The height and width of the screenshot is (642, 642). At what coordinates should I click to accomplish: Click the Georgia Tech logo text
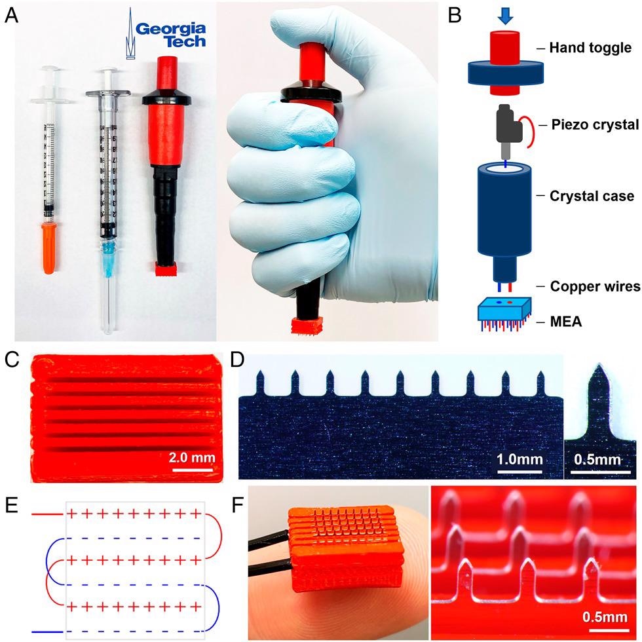[x=170, y=35]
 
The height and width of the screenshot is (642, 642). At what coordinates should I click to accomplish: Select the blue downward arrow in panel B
[x=505, y=16]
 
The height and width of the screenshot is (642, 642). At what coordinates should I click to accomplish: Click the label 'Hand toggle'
[x=590, y=47]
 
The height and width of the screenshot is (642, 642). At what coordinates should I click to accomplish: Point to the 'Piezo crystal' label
[x=595, y=124]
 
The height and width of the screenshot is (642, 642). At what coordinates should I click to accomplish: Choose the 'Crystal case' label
[x=592, y=196]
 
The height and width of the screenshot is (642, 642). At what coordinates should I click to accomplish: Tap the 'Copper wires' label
[x=595, y=286]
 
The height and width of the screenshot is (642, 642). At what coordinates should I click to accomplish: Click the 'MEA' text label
[x=566, y=322]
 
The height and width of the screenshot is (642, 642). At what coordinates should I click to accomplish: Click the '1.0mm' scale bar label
[x=519, y=459]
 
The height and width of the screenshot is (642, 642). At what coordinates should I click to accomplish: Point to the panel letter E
[x=11, y=505]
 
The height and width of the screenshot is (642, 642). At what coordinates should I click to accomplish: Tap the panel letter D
[x=237, y=360]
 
